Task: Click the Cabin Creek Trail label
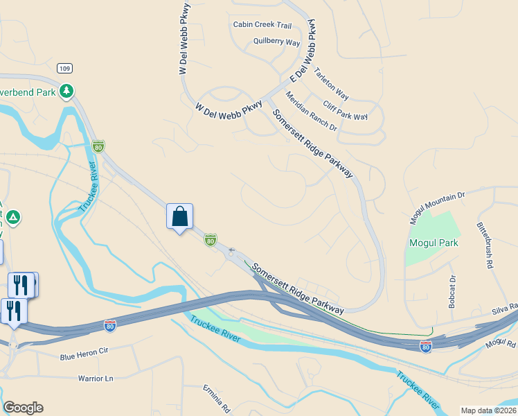pos(262,25)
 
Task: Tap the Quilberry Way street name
pos(276,42)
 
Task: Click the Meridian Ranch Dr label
pos(311,113)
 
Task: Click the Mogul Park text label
pos(434,243)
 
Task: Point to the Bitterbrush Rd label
pos(484,245)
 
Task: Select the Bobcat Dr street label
pos(452,292)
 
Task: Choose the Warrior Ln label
pos(96,379)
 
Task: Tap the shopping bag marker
pos(179,216)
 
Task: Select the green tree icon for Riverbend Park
pos(66,91)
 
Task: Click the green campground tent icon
pos(13,218)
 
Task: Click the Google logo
pos(23,408)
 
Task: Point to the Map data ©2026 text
pos(488,410)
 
